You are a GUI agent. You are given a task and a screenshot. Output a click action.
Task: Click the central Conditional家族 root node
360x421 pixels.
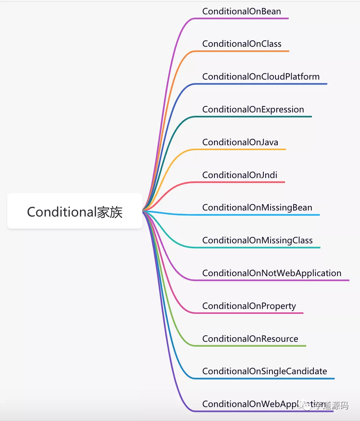tap(75, 211)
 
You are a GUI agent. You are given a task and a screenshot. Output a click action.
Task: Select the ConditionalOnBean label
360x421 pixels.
tap(242, 11)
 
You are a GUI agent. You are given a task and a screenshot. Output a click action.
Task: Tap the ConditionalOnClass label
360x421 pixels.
tap(242, 44)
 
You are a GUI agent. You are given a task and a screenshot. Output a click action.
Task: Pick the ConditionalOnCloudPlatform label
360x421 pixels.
tap(261, 77)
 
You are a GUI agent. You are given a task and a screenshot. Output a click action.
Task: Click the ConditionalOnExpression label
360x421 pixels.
tap(253, 109)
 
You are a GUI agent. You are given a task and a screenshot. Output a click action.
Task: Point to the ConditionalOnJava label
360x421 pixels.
tap(240, 142)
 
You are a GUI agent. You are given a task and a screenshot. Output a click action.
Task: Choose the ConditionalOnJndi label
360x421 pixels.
tap(240, 175)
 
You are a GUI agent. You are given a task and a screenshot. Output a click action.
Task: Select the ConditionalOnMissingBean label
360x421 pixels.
tap(257, 207)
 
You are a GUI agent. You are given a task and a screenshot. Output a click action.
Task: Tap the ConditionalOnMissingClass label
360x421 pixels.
tap(257, 240)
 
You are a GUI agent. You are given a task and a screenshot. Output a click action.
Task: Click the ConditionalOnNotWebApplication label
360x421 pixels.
tap(272, 273)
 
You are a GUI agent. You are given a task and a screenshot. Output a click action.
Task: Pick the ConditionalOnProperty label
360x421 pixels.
tap(249, 306)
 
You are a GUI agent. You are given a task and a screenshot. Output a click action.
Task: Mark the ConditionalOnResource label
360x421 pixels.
tap(250, 339)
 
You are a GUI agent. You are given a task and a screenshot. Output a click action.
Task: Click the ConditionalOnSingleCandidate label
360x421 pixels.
tap(265, 371)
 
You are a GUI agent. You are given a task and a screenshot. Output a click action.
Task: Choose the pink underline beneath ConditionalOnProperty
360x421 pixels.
tap(249, 313)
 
